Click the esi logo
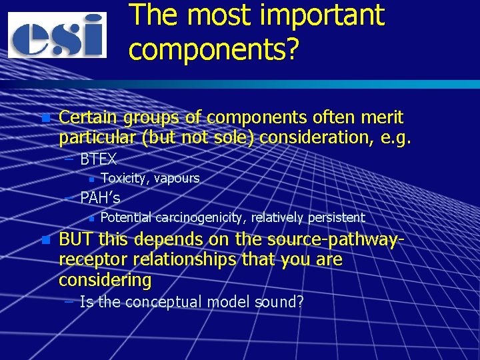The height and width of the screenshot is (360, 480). point(57,35)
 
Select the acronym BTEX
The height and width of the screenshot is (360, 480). point(98,159)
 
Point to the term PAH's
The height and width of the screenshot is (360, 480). point(100,198)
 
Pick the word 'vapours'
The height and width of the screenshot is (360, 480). point(177,178)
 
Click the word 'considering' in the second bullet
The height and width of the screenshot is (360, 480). point(105,280)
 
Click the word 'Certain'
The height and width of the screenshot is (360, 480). point(85,118)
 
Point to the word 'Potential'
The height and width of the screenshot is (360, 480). point(125,217)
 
